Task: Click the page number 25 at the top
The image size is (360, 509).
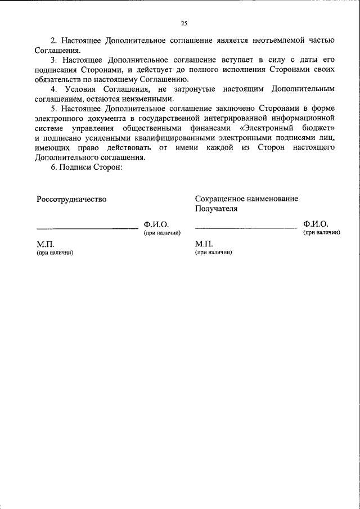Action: pos(184,23)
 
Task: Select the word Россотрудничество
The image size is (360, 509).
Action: pos(71,199)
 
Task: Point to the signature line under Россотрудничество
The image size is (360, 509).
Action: pos(87,228)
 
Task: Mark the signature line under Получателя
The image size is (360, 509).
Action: pos(246,228)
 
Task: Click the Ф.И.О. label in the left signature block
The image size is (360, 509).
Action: pos(156,224)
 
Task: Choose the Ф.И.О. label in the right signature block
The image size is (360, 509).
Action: pos(315,224)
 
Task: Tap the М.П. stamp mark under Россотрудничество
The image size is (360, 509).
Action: pos(46,245)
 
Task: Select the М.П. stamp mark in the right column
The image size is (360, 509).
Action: pos(204,245)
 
